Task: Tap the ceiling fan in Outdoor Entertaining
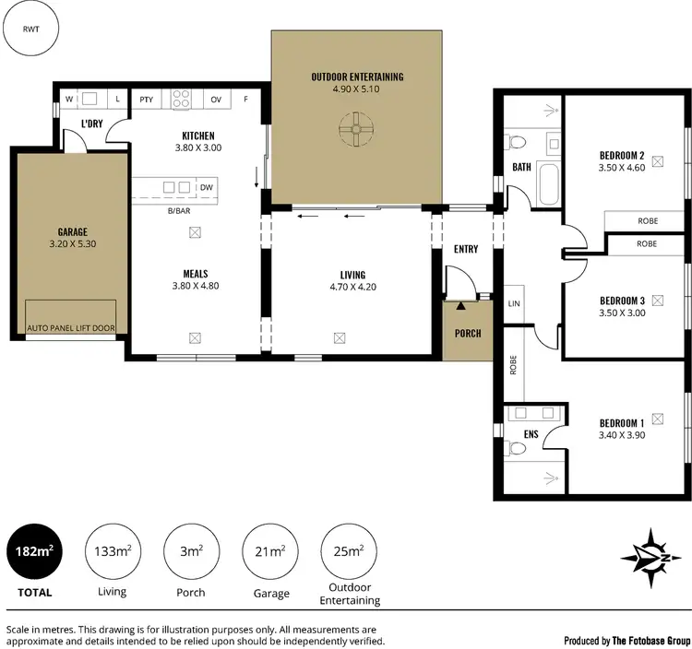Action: coord(355,130)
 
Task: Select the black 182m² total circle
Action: coord(34,552)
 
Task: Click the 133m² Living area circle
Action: coord(112,552)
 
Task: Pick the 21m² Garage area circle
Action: coord(269,552)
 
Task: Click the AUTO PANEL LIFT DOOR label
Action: coord(71,328)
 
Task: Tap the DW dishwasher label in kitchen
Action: coord(206,187)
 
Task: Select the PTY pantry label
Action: coord(146,99)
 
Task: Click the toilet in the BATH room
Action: coord(516,143)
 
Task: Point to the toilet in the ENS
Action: coord(516,448)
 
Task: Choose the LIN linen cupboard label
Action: coord(513,303)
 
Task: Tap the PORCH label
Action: coord(467,333)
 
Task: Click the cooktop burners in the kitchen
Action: coord(181,98)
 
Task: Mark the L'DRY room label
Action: coord(90,124)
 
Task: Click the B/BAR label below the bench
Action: coord(178,211)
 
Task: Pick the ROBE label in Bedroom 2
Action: coord(647,221)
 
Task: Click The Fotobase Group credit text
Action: coord(627,640)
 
